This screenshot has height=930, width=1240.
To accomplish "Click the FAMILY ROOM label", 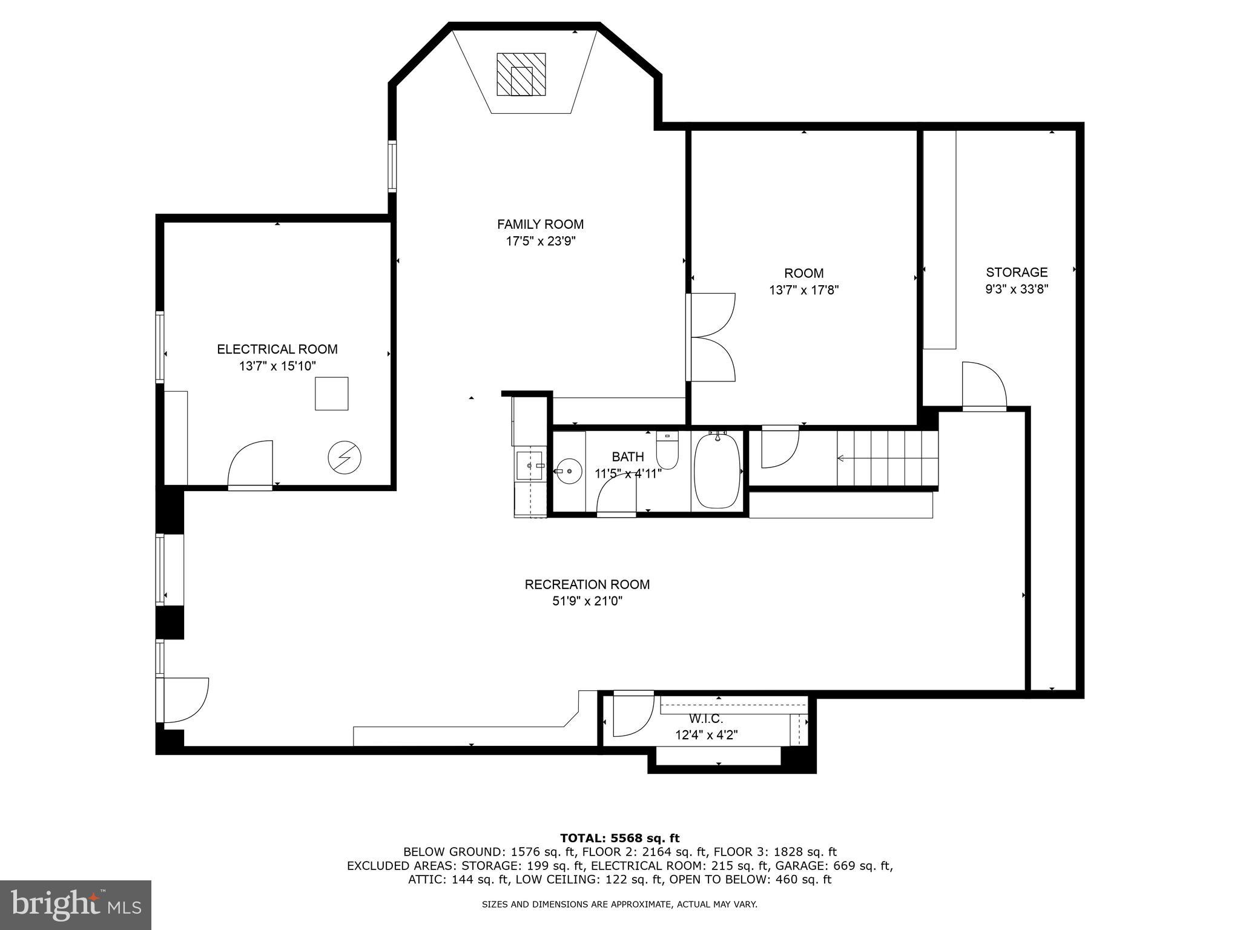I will [540, 224].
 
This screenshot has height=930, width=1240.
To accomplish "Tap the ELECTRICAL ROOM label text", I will [277, 349].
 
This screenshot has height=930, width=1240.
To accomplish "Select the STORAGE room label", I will [1017, 272].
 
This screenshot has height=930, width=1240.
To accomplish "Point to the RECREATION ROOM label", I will [587, 584].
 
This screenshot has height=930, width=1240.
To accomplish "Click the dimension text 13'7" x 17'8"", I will [803, 290].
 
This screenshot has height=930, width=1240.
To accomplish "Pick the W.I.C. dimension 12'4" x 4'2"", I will [706, 735].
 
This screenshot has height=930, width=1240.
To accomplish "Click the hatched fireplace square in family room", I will [521, 74].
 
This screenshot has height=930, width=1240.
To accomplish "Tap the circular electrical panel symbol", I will [345, 458].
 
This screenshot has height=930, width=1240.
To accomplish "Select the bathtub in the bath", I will [717, 471].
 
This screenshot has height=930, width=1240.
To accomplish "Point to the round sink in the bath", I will [569, 470].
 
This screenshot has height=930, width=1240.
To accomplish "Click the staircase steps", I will [887, 458].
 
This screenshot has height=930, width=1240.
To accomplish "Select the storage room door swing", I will [983, 386].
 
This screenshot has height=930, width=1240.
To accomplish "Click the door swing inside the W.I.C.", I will [633, 714].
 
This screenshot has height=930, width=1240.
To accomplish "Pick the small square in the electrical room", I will [331, 394].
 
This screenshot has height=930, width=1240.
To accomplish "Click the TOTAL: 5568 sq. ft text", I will [619, 838].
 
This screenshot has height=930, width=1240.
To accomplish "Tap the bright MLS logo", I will [75, 905].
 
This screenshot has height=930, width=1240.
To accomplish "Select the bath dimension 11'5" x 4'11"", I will [628, 473].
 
